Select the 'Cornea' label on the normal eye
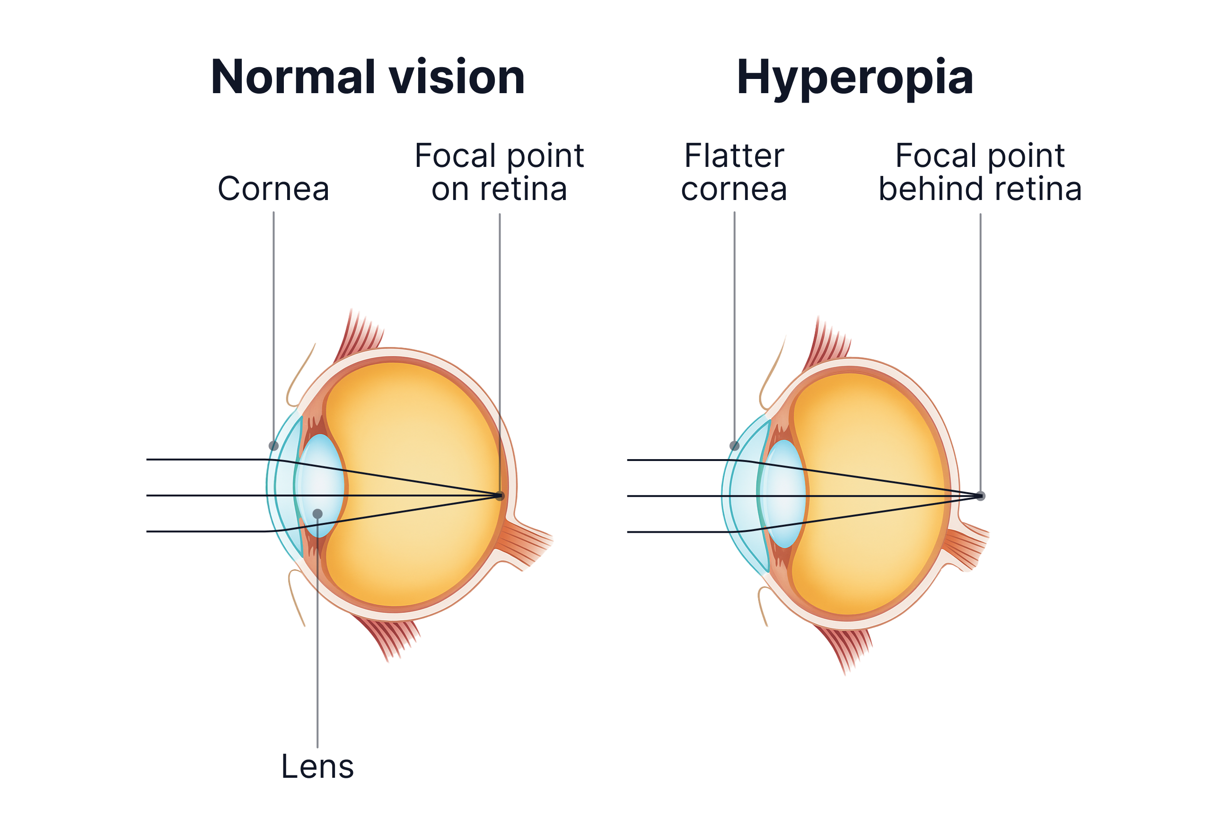pos(273,189)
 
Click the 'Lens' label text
pos(317,767)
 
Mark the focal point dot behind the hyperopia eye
pos(980,496)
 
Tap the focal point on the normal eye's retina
pos(499,496)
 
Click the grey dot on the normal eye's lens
pos(317,513)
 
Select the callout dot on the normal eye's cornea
pos(273,446)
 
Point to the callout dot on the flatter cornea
pos(735,446)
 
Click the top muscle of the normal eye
pos(362,333)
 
